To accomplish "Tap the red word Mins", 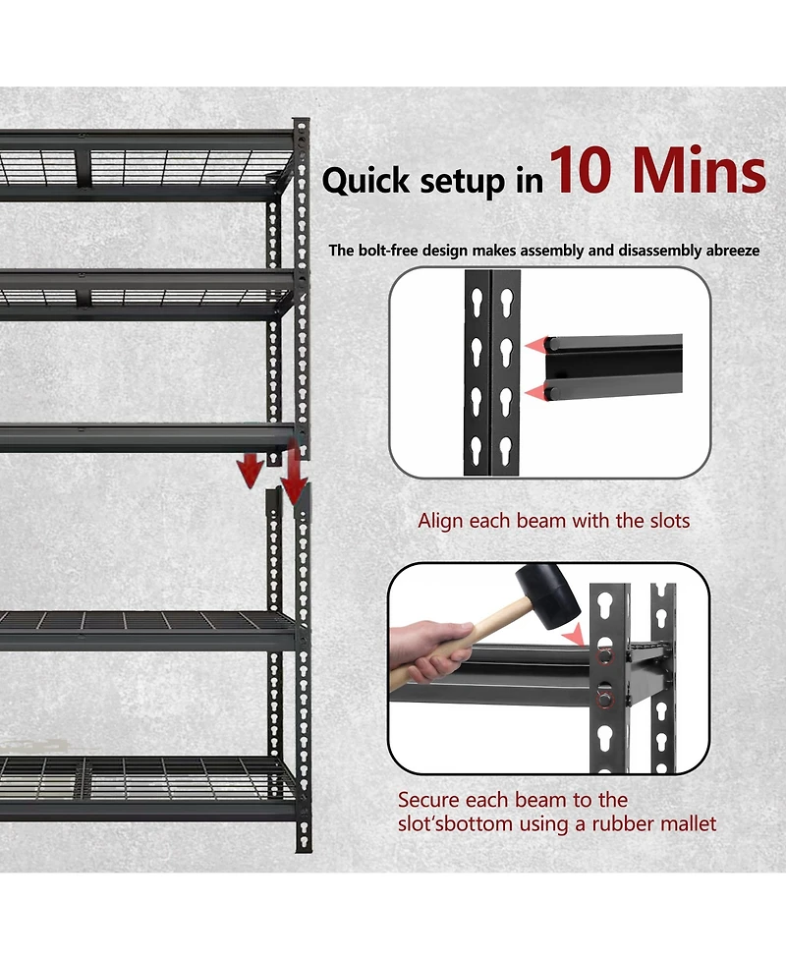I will pyautogui.click(x=699, y=173).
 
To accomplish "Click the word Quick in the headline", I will pyautogui.click(x=362, y=182).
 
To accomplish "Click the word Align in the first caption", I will pyautogui.click(x=439, y=521).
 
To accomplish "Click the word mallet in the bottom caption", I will pyautogui.click(x=687, y=823).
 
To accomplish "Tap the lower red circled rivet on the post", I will pyautogui.click(x=605, y=700).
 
